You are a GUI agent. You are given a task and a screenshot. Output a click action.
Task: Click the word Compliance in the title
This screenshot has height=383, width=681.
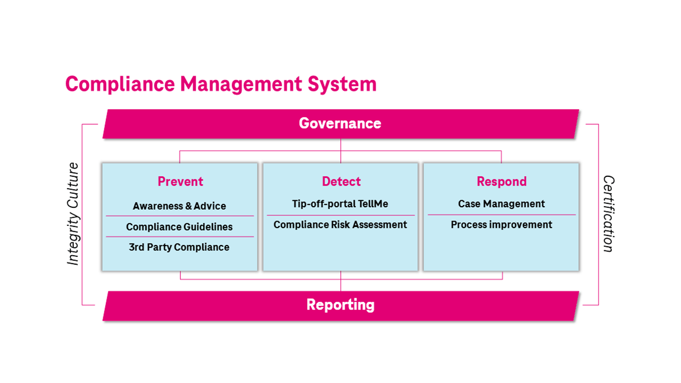120,84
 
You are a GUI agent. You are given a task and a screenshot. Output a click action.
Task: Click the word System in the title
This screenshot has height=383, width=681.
342,84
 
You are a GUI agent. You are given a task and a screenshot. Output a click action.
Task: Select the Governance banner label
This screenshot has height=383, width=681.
340,123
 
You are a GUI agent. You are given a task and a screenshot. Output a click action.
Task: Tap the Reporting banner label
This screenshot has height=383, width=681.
340,305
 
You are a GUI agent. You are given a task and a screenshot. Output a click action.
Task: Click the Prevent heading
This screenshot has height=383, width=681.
180,182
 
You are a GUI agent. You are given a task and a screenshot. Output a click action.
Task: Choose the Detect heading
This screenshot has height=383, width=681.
341,182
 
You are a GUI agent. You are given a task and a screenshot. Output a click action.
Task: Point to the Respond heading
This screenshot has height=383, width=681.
502,182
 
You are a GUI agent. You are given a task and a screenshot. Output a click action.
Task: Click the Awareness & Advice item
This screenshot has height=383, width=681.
179,206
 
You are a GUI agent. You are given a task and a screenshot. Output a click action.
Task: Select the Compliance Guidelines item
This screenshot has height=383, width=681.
179,227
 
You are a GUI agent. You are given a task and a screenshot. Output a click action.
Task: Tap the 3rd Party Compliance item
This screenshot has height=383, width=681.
179,247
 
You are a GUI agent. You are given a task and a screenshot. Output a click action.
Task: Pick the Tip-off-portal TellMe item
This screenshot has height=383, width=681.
340,203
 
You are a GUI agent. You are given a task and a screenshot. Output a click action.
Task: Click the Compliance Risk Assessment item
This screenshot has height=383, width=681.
340,225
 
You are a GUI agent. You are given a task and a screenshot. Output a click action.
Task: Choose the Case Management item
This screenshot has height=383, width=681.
501,203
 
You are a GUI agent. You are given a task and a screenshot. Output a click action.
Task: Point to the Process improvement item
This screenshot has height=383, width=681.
501,225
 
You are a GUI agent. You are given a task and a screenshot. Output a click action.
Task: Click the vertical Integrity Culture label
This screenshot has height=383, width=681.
73,214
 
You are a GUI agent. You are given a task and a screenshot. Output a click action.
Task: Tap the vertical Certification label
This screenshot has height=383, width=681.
609,214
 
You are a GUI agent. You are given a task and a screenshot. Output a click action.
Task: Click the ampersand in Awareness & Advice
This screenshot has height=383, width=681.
188,206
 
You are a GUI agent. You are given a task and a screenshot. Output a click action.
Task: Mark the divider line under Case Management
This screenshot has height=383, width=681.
502,215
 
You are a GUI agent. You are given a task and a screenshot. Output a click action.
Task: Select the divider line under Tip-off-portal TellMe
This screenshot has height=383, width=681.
341,215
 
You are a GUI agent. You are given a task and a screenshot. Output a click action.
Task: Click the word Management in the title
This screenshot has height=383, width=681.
241,84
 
